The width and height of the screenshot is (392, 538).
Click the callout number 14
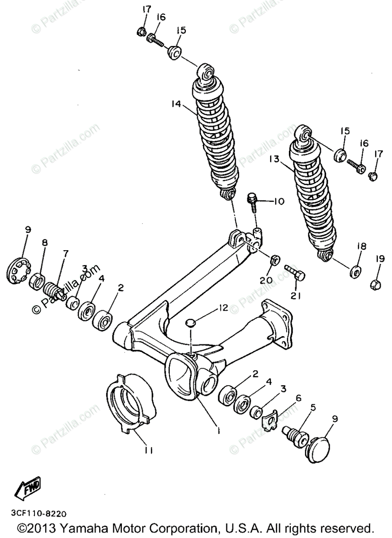pyautogui.click(x=176, y=104)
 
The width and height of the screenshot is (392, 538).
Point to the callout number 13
pyautogui.click(x=275, y=159)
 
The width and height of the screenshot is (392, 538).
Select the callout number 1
pyautogui.click(x=218, y=430)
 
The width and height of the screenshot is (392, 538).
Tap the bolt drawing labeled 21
pyautogui.click(x=294, y=272)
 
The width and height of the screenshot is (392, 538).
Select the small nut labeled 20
pyautogui.click(x=275, y=260)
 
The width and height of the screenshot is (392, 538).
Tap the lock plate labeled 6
pyautogui.click(x=270, y=421)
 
